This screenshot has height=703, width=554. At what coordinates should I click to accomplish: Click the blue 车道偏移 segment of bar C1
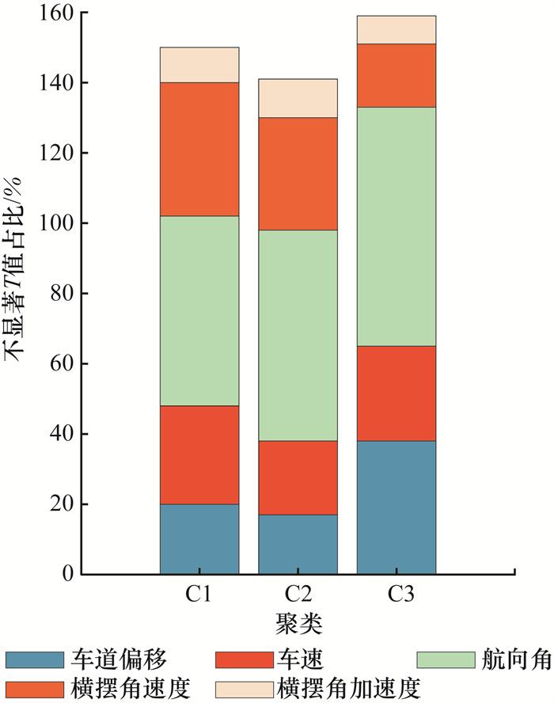click(199, 538)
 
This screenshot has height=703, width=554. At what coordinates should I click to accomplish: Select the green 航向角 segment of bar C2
click(298, 336)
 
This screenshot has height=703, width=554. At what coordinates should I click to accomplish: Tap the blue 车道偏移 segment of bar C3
click(396, 507)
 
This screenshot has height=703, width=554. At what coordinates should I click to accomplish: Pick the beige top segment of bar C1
click(199, 65)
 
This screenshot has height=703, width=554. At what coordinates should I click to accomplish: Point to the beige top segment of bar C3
click(396, 29)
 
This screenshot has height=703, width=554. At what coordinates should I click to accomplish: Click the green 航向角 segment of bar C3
click(396, 226)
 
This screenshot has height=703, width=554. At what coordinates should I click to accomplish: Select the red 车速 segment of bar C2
click(298, 477)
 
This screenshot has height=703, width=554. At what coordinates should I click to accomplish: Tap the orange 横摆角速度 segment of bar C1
click(199, 149)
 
